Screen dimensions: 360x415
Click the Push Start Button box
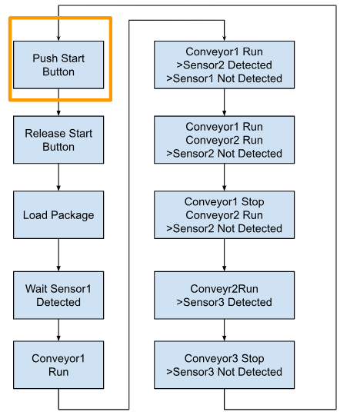[x=58, y=65]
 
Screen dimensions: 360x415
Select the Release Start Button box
[x=58, y=140]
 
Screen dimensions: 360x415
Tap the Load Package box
[x=58, y=215]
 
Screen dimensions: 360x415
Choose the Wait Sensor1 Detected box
[x=58, y=295]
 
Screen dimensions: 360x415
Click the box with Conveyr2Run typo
[x=224, y=295]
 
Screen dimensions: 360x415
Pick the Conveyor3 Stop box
[x=224, y=365]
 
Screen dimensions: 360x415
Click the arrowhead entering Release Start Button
[x=58, y=113]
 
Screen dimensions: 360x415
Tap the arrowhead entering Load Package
[x=58, y=188]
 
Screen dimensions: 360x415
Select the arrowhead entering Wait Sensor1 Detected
[x=58, y=269]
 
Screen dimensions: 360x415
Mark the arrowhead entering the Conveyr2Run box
[x=224, y=269]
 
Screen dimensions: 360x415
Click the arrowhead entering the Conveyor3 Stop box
[x=224, y=338]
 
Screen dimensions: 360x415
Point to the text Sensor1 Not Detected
[x=227, y=78]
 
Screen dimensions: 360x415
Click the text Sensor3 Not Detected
[x=227, y=372]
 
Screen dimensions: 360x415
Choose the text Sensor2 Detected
[x=228, y=65]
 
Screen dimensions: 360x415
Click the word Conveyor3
[x=211, y=359]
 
